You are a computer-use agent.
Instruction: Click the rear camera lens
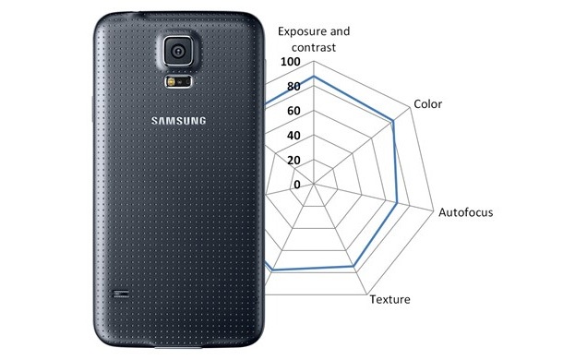(177, 52)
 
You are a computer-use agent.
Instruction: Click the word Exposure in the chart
(309, 29)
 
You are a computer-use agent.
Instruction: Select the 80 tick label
(293, 87)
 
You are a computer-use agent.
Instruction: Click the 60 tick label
(293, 112)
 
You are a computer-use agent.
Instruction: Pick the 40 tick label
(293, 136)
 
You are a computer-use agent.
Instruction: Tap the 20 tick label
(293, 161)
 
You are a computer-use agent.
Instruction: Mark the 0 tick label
(296, 185)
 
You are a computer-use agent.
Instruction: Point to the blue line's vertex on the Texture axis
(353, 267)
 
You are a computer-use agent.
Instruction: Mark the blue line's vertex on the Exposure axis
(314, 76)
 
